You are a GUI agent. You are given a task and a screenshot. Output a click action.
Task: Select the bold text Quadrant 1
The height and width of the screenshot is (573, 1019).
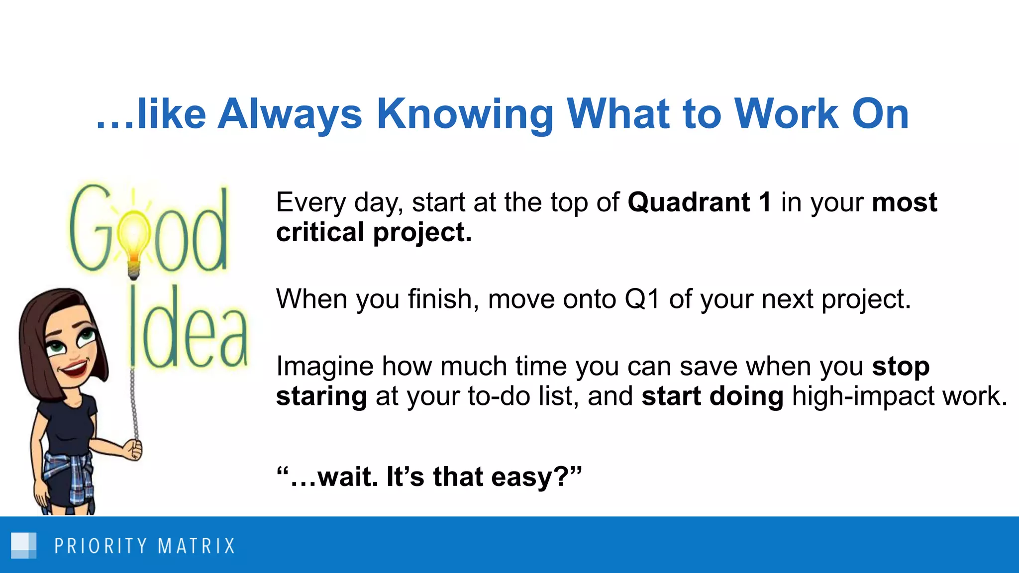pos(699,202)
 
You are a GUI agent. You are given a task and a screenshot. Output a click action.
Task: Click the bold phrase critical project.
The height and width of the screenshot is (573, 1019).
pos(374,232)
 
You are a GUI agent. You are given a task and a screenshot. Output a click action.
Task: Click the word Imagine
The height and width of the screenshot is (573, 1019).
pos(324,367)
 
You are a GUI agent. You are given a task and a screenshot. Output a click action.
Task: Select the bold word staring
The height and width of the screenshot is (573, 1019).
pos(321,396)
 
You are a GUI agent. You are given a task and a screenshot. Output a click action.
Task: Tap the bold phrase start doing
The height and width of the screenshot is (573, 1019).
pos(712,396)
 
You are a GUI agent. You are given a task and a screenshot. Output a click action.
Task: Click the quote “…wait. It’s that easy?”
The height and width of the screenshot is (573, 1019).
pos(429,477)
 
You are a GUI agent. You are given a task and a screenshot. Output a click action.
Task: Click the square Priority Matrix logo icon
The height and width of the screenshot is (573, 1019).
pos(24,546)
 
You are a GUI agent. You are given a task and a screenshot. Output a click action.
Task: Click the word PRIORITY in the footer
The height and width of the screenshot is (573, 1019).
pos(101,546)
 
